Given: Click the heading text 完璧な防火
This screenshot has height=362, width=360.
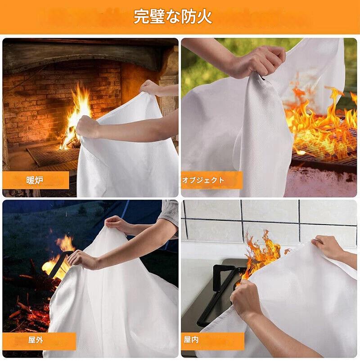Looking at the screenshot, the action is tap(173, 16).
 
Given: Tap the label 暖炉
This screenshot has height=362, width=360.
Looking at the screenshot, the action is tap(35, 180).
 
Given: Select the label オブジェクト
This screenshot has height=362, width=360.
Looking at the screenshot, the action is tap(203, 180).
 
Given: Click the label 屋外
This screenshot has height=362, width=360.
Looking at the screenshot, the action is tap(36, 340).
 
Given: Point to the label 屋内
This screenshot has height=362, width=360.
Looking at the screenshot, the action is tap(191, 339).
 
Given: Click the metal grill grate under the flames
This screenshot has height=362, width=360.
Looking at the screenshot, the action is tap(323, 148).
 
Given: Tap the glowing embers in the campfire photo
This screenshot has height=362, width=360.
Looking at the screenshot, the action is tap(30, 312).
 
